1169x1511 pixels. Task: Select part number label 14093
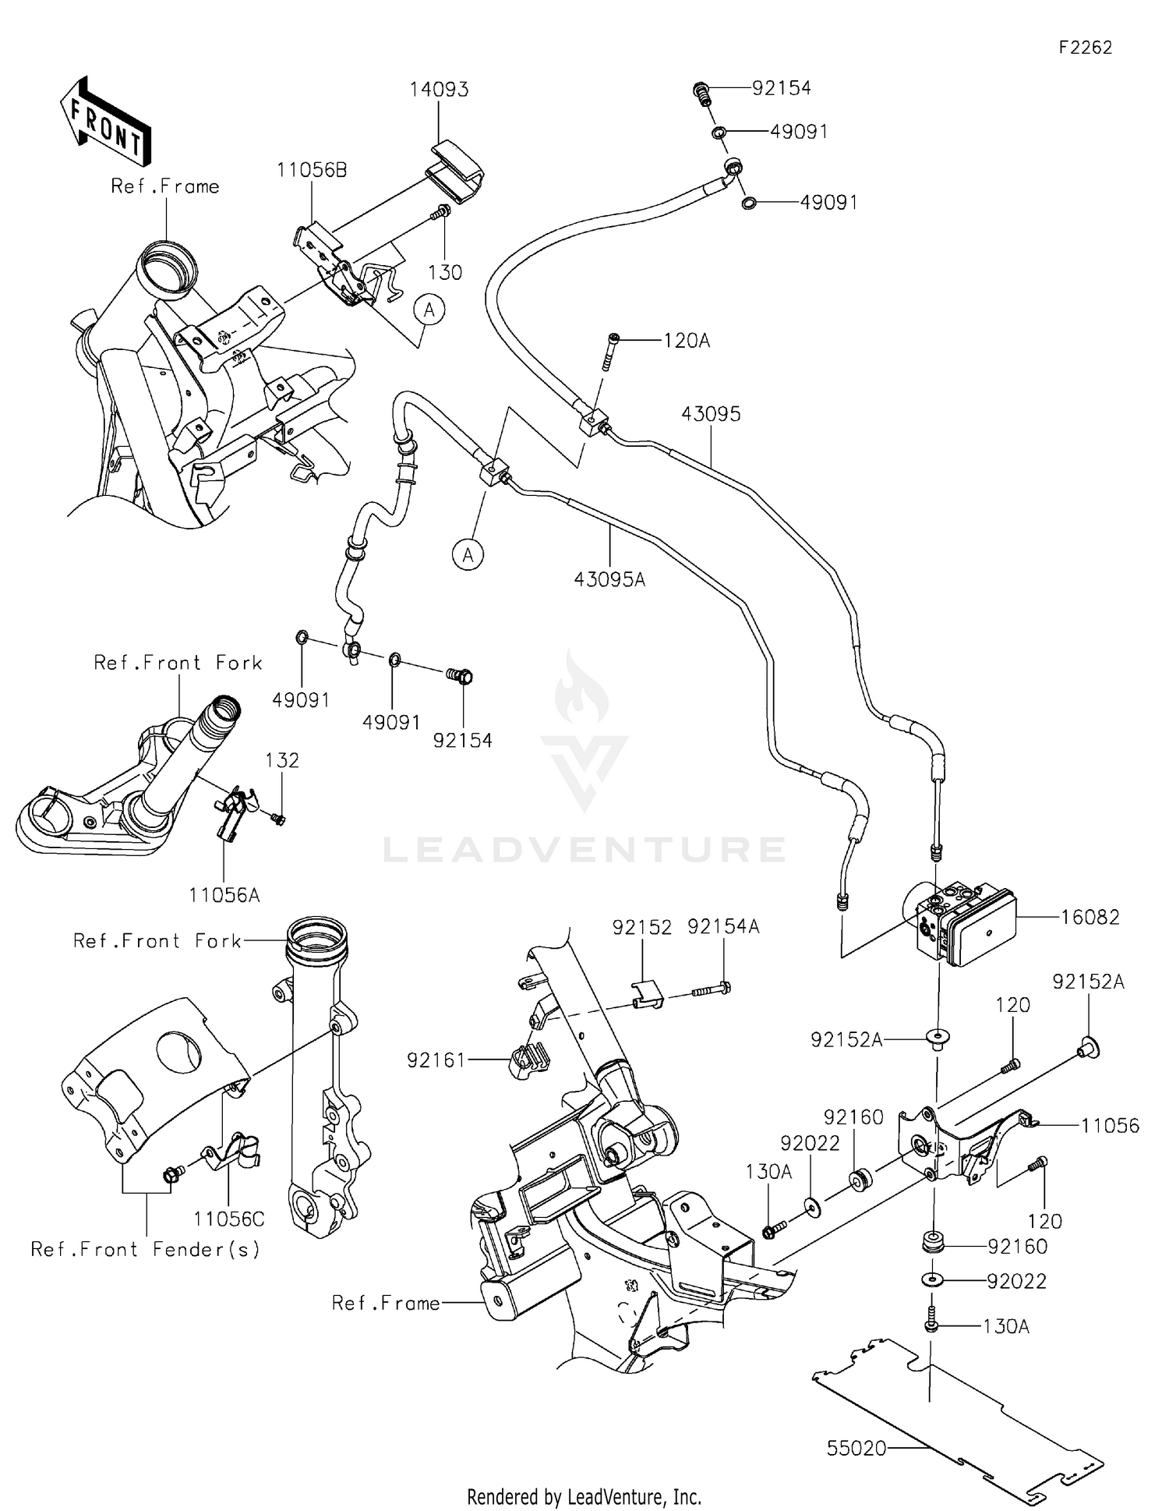coord(440,90)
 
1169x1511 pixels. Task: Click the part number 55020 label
coord(856,1448)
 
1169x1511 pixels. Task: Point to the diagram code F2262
coord(1085,48)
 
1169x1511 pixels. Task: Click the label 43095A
coord(609,579)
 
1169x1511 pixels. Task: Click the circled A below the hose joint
coord(468,554)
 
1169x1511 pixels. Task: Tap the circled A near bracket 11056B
coord(429,310)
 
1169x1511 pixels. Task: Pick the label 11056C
coord(229,1219)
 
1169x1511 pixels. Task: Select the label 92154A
coord(723,926)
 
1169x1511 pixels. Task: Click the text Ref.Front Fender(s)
coord(145,1249)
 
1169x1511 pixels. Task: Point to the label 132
coord(282,760)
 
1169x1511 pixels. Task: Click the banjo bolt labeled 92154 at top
coord(701,94)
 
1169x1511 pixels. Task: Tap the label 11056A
coord(224,895)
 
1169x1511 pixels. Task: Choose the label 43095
coord(711,414)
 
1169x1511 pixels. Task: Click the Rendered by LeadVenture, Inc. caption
coord(584,1496)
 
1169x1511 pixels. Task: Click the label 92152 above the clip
coord(641,926)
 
